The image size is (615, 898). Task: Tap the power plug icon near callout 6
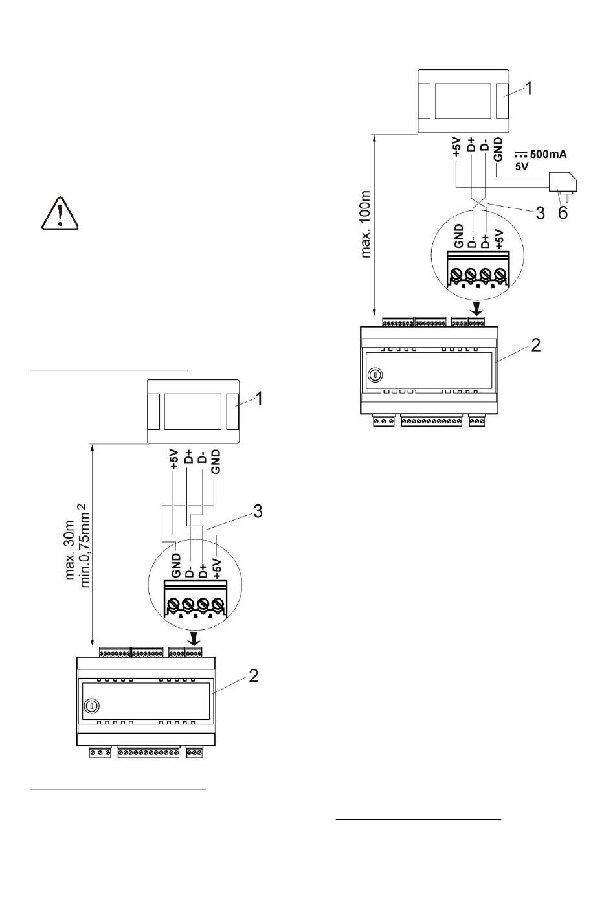click(x=563, y=185)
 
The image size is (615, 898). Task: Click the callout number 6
click(x=563, y=212)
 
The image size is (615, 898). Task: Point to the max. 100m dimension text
click(x=365, y=224)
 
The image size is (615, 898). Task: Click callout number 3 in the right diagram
click(x=540, y=213)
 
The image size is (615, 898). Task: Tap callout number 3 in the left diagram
click(x=258, y=511)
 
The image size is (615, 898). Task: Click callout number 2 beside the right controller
click(x=535, y=345)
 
